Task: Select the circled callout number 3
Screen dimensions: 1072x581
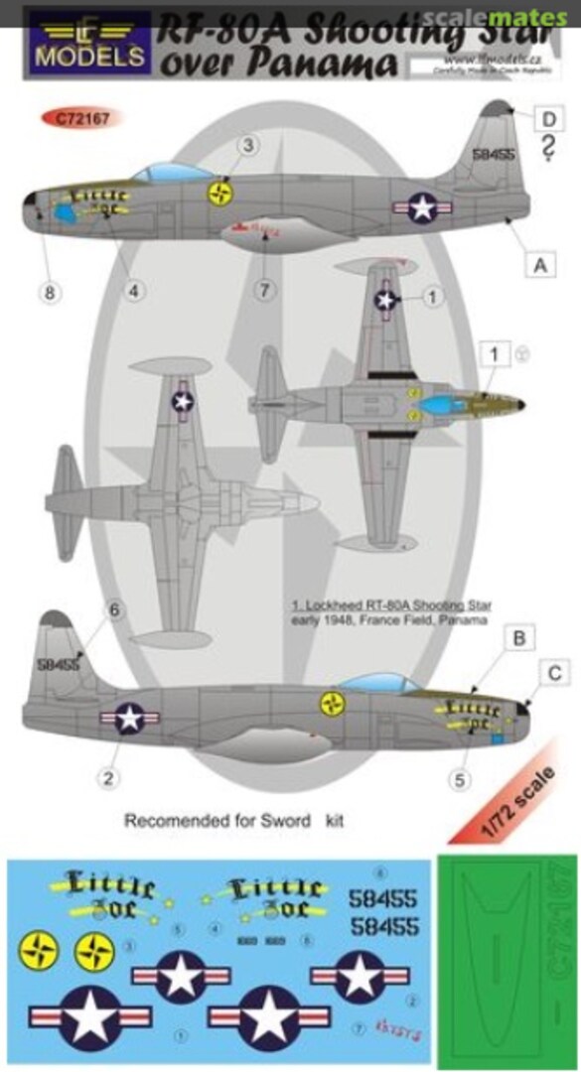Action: [x=249, y=147]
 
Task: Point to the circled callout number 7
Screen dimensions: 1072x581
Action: [x=264, y=291]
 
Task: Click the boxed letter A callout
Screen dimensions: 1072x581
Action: [x=539, y=265]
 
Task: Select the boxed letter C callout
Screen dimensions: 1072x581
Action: [x=557, y=674]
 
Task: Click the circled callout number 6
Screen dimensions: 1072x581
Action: [x=114, y=610]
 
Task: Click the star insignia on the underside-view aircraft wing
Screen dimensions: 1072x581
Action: [x=182, y=401]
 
